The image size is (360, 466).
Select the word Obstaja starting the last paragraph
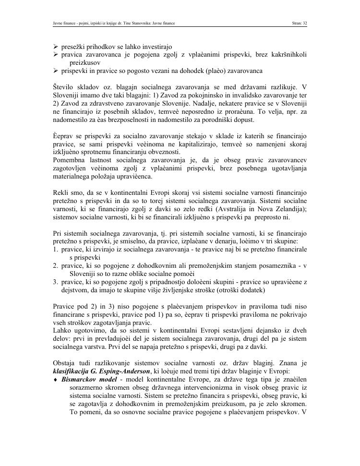tap(65, 363)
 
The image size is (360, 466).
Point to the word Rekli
tap(61, 193)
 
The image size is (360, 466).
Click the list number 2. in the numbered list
tap(56, 265)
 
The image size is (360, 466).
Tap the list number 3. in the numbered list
tap(56, 282)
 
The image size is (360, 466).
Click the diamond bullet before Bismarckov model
tap(55, 380)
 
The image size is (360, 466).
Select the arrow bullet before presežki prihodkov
tap(56, 47)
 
